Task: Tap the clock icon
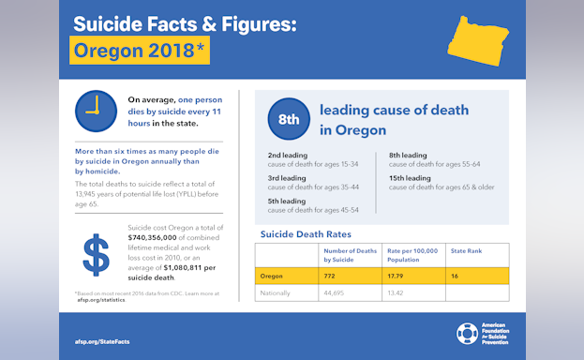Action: pos(96,111)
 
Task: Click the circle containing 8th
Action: pos(289,119)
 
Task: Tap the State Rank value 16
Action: pos(456,276)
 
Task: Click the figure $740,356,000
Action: pos(158,239)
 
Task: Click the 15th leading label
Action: pos(410,178)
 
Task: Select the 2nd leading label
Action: pos(287,155)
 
